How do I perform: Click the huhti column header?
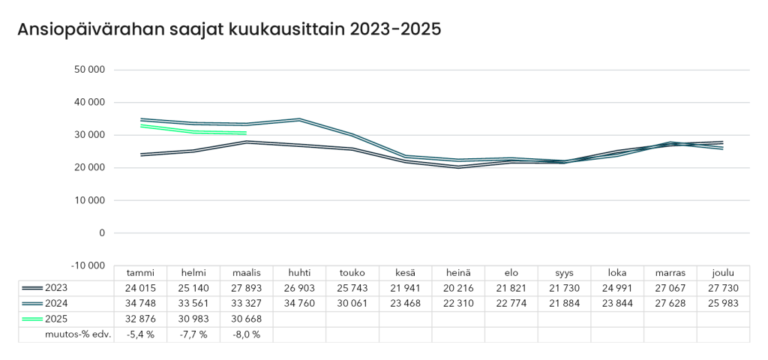[299, 273]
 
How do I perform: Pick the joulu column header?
[724, 273]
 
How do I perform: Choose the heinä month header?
[458, 273]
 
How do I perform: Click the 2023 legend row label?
[56, 288]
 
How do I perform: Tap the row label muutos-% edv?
[78, 334]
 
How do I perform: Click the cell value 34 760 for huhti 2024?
[299, 304]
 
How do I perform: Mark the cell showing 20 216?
[458, 288]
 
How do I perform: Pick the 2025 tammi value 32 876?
[140, 319]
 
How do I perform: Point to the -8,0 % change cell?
[246, 334]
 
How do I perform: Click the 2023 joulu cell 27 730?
[724, 288]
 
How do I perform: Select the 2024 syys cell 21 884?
[565, 304]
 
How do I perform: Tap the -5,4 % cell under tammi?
[140, 334]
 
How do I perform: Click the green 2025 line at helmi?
[193, 132]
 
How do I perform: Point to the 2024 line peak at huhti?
[299, 119]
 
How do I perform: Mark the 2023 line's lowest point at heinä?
[458, 166]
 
